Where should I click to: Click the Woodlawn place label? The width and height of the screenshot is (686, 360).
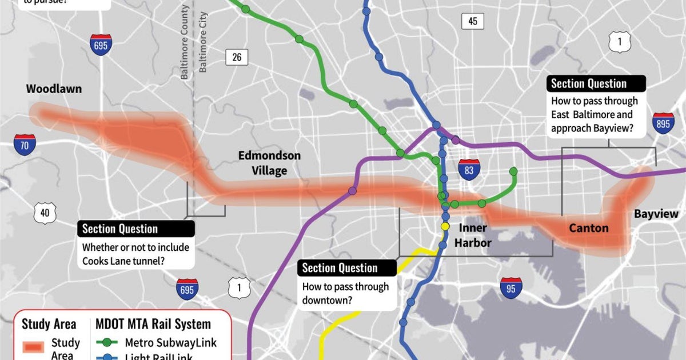pos(54,89)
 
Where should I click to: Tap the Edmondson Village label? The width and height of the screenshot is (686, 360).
pos(269,163)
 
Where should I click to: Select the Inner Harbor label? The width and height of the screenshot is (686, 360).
pos(474,235)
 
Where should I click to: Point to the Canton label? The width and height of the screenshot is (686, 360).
pos(589,229)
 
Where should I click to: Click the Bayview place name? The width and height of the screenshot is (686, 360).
pos(656,214)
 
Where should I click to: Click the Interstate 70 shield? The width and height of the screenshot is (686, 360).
pos(25,145)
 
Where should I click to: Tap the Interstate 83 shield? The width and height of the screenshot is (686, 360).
pos(469,170)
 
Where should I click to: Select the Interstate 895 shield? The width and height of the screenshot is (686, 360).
pos(663,123)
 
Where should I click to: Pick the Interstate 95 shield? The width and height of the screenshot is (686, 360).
pos(510,288)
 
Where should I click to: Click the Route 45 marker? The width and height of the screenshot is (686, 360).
pos(472,21)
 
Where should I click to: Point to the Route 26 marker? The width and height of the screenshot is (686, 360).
pos(237,57)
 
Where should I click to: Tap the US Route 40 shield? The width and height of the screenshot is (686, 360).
pos(45,213)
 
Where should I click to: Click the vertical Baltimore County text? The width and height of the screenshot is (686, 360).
pos(185,43)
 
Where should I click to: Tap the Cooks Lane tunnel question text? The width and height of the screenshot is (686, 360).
pos(135,255)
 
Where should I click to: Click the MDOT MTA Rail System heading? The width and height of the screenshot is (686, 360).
pos(153,324)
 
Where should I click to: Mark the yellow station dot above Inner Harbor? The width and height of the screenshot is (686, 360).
pos(445,226)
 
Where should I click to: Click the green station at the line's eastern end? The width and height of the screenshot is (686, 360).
pos(513,171)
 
